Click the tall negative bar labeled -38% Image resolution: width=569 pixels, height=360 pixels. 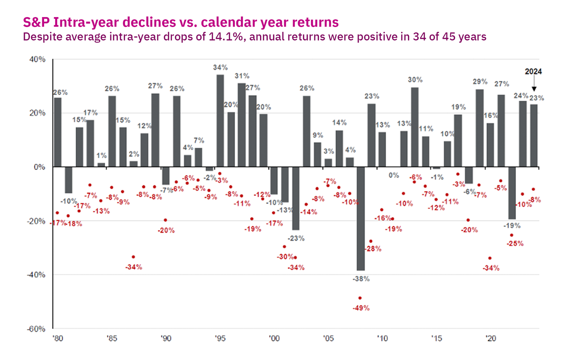(360, 218)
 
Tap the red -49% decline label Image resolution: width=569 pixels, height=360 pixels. (361, 308)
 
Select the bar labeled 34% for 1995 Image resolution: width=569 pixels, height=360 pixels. (220, 121)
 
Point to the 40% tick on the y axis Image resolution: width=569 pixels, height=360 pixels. (37, 59)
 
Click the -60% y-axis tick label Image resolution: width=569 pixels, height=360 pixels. (36, 329)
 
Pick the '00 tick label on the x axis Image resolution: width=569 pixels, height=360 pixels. (274, 338)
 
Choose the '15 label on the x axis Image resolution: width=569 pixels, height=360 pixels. (436, 338)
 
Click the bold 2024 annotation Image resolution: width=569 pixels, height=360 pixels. (533, 72)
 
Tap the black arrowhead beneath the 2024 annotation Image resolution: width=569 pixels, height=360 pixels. (534, 89)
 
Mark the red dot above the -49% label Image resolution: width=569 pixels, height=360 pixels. (360, 298)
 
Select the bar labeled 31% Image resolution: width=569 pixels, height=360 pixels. (241, 125)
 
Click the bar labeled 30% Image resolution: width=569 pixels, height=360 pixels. (415, 127)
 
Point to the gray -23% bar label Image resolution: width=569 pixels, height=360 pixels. (296, 238)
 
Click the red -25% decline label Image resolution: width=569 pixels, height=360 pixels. (515, 244)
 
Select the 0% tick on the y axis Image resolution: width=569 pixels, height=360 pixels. (39, 167)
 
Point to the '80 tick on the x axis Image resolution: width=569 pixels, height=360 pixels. (58, 338)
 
